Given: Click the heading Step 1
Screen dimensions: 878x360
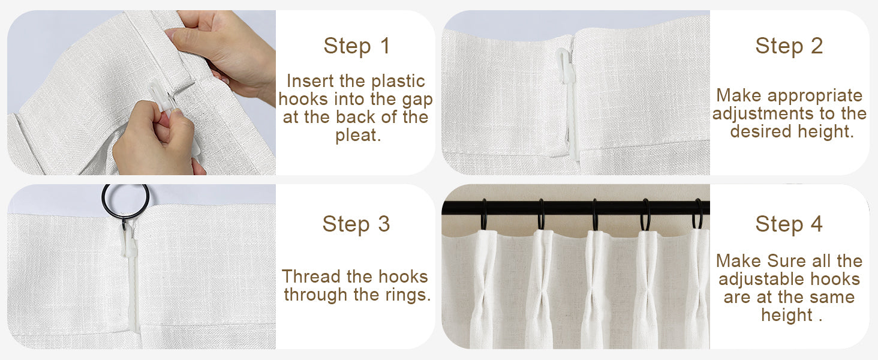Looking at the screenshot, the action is [x=357, y=46].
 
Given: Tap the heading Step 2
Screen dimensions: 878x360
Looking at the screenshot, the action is [x=789, y=46].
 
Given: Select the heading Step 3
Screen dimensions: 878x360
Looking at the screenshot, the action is [x=356, y=224].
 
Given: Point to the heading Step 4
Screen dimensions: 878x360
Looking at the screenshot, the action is [x=789, y=224].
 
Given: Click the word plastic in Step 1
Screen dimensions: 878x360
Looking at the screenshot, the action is [x=398, y=81].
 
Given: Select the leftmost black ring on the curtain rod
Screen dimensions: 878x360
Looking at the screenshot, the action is [x=484, y=214].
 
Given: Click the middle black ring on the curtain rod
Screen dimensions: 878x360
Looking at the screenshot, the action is [x=595, y=214].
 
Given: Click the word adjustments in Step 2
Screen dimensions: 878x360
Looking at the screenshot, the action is [x=757, y=114].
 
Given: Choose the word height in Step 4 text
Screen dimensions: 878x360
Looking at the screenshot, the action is [x=787, y=315].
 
